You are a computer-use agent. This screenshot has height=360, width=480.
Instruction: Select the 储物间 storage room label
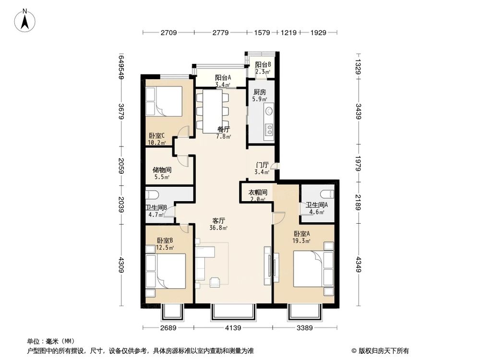(x=162, y=170)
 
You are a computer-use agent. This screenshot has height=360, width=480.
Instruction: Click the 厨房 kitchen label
(x=260, y=92)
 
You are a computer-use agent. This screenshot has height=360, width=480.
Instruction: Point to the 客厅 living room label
(x=219, y=221)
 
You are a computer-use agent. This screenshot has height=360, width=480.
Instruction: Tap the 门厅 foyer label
(x=262, y=165)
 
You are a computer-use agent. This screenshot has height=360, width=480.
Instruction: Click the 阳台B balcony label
(x=263, y=65)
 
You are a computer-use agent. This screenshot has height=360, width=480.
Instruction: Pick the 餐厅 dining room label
(x=224, y=129)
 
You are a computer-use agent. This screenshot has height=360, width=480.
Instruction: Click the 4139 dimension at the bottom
(x=232, y=328)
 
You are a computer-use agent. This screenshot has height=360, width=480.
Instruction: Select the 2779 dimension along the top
(x=220, y=33)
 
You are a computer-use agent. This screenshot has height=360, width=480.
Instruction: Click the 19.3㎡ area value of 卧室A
(x=302, y=241)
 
